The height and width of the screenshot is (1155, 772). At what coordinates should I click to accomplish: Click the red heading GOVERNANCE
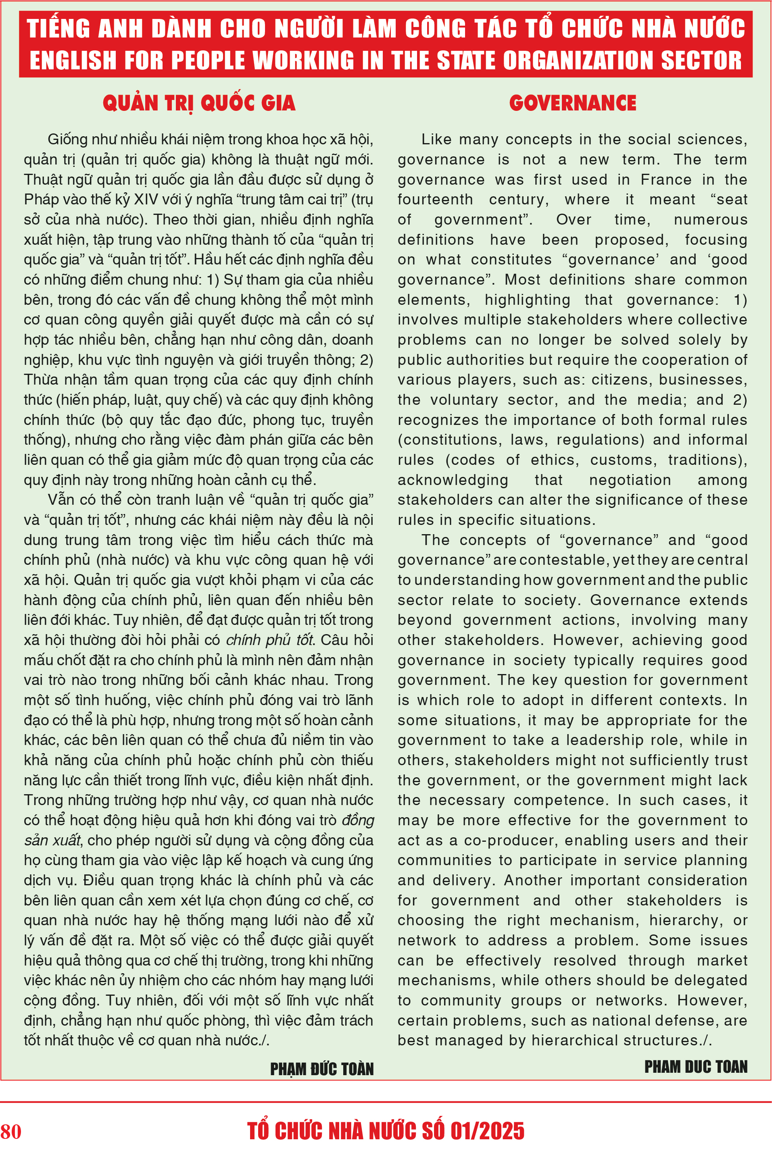573,103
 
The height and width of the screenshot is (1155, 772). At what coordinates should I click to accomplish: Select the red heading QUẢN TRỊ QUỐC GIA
199,103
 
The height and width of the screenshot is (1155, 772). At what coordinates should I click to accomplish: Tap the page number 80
11,1131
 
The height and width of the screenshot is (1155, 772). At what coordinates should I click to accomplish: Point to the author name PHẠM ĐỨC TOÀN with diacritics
321,1069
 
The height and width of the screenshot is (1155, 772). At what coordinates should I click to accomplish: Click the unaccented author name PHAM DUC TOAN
696,1066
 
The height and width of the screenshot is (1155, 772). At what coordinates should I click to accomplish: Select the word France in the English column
666,180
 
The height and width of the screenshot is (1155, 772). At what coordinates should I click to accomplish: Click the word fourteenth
435,200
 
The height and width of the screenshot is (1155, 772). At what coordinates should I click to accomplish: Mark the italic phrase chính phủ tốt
270,640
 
